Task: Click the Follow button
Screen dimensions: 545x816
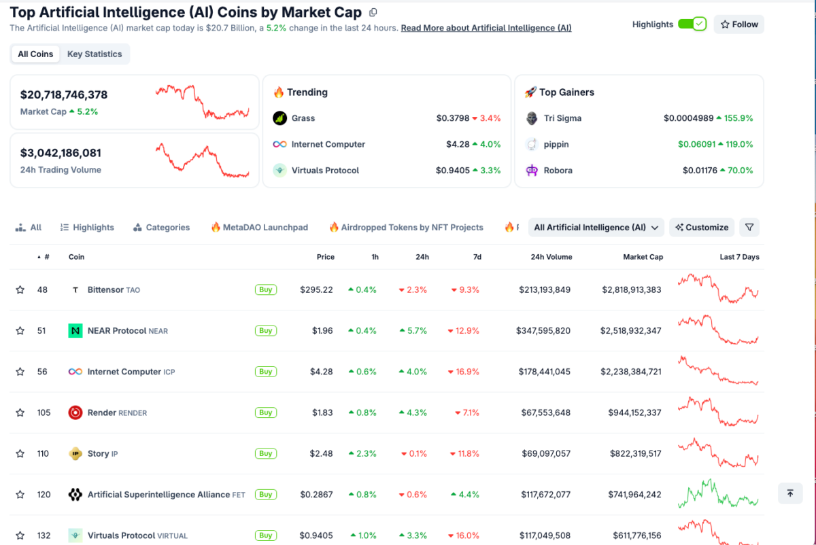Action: coord(738,24)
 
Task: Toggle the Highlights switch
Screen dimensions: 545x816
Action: coord(692,24)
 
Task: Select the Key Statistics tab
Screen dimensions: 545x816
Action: coord(95,54)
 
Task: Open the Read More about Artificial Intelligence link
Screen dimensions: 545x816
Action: coord(486,29)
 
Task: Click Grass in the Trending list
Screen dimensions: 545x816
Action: coord(303,118)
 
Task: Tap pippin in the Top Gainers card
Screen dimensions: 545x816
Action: coord(556,145)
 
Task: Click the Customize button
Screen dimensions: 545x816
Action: coord(702,228)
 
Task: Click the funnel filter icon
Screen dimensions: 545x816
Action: coord(749,228)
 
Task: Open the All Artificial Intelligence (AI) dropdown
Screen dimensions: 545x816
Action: coord(596,228)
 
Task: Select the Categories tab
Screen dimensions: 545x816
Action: coord(161,228)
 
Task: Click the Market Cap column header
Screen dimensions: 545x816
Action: coord(643,257)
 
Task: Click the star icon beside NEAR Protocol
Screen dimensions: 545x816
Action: coord(20,331)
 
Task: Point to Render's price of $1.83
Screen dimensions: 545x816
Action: coord(322,412)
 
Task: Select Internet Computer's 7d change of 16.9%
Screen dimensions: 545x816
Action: coord(464,372)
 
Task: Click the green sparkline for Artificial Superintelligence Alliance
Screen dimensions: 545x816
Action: coord(717,495)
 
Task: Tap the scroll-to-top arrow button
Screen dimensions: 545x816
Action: coord(789,493)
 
